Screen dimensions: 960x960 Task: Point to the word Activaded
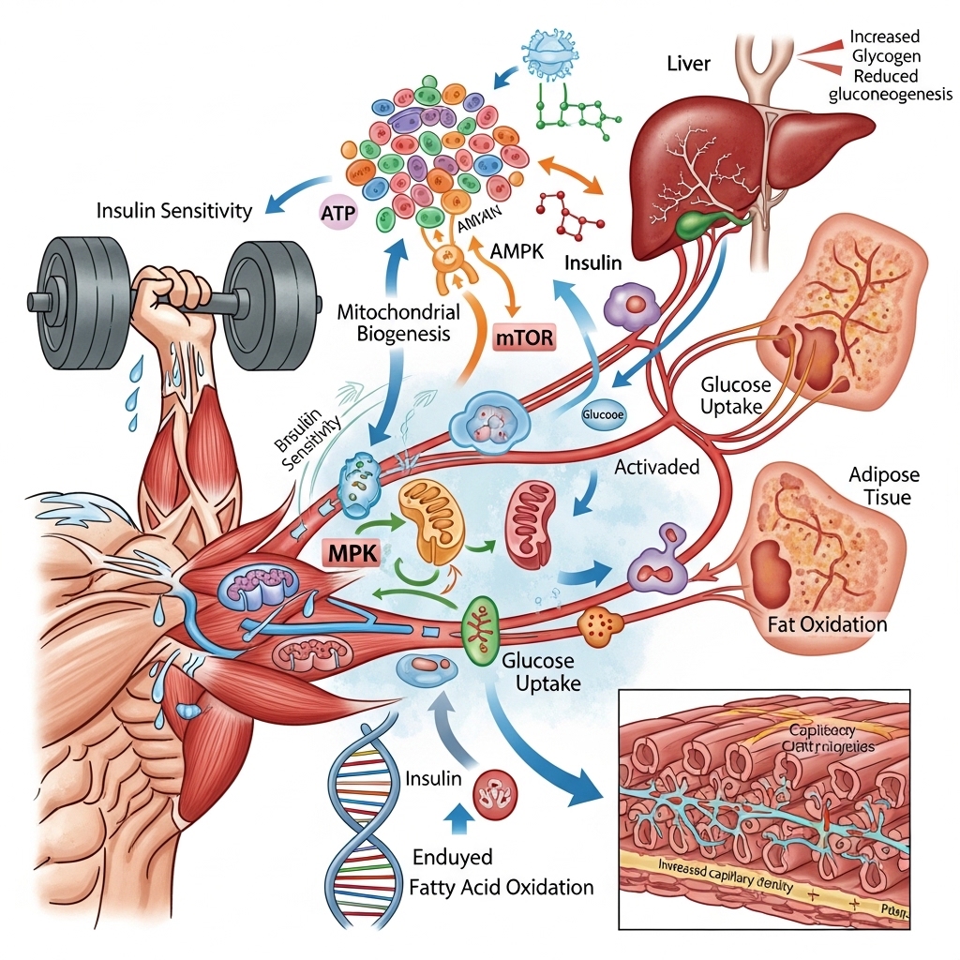click(656, 468)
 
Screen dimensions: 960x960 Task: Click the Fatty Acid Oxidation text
click(502, 887)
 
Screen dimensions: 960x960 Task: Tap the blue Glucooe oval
click(602, 413)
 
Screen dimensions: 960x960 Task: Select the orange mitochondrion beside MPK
click(433, 522)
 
